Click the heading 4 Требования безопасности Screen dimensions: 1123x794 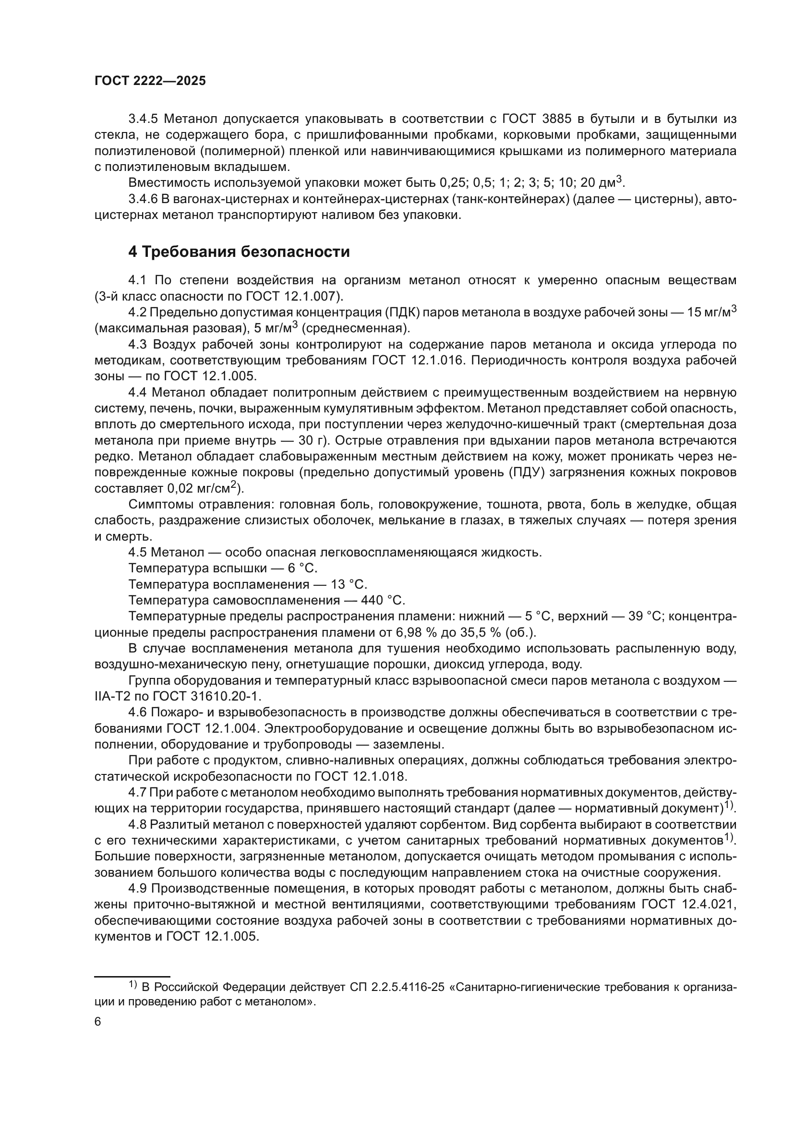pyautogui.click(x=239, y=252)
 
